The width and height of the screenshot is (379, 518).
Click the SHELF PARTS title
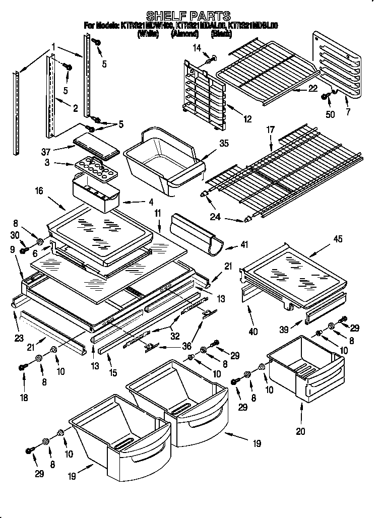(188, 16)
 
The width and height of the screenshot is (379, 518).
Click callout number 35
(223, 143)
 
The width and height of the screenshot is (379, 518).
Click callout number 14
(197, 48)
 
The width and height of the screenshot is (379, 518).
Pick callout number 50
(330, 114)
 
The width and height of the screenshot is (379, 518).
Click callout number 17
(270, 129)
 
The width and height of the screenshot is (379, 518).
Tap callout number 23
(19, 338)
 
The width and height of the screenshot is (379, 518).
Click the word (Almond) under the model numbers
(183, 34)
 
